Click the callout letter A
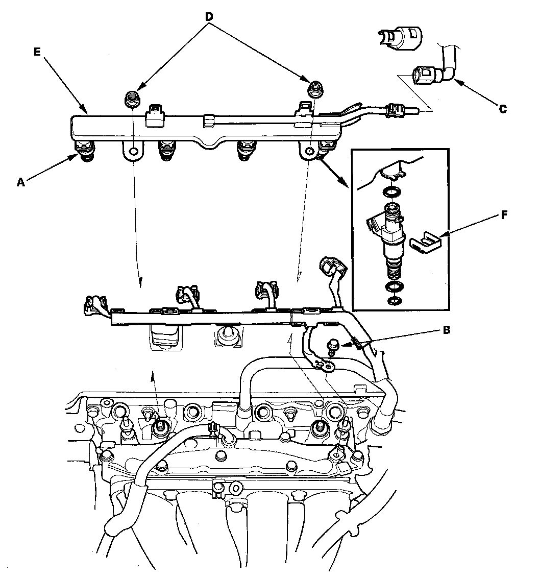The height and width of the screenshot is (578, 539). click(20, 182)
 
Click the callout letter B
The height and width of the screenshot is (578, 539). click(446, 330)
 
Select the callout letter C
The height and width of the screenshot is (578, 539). click(502, 108)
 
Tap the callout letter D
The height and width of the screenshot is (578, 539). click(209, 16)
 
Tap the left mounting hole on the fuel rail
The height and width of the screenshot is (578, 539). click(133, 151)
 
